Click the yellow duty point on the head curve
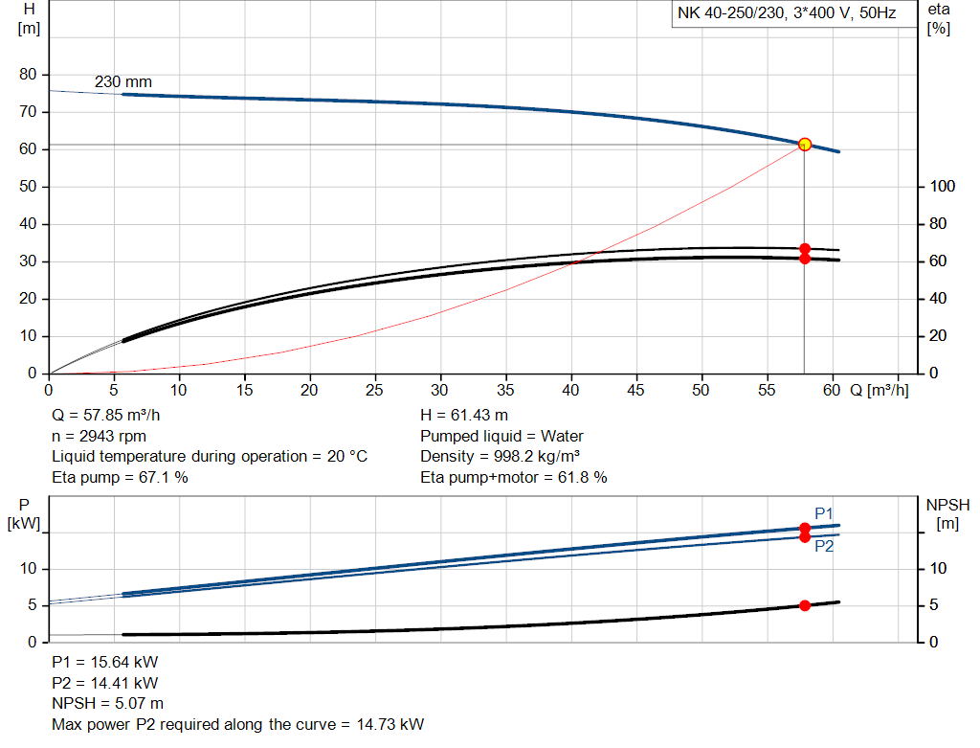[805, 145]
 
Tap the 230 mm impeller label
[122, 82]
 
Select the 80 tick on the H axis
[28, 75]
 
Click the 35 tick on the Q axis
[505, 390]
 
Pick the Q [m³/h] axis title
[879, 390]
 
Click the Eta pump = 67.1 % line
[120, 477]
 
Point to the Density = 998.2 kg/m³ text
[501, 456]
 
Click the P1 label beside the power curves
[824, 512]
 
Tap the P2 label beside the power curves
[824, 547]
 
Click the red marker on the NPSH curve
[805, 605]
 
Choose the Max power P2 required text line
[237, 724]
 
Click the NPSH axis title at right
[947, 512]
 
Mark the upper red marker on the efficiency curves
[805, 249]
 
